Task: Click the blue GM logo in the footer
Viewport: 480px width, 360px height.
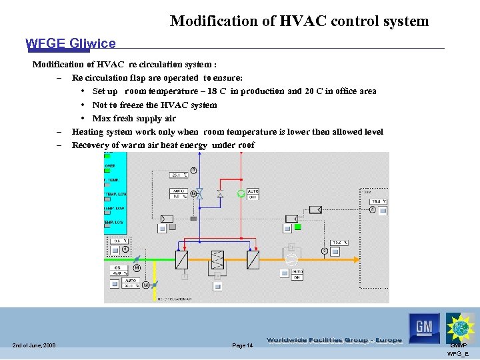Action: click(x=424, y=327)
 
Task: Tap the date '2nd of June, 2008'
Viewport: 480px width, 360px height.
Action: click(x=33, y=345)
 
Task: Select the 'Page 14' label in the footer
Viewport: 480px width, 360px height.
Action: click(x=242, y=345)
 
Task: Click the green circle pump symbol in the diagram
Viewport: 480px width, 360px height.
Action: click(x=241, y=194)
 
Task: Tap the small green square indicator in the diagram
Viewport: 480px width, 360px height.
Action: click(x=297, y=227)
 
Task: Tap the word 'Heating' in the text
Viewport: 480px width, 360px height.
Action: click(x=87, y=132)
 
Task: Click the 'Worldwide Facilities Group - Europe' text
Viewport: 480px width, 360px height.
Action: click(x=334, y=340)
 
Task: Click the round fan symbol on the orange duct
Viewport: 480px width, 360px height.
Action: click(x=291, y=257)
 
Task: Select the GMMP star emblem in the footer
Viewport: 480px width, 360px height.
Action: click(x=459, y=327)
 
